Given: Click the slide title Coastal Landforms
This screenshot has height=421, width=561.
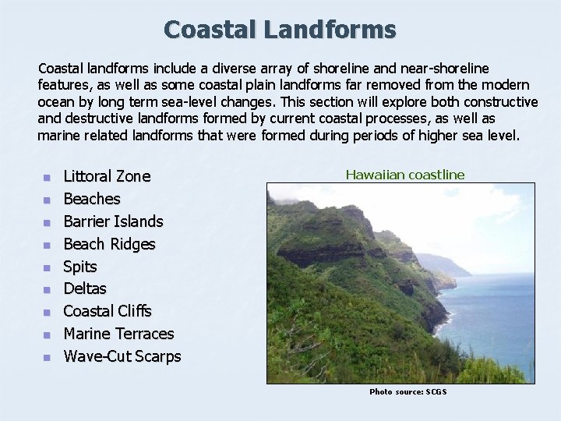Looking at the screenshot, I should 280,30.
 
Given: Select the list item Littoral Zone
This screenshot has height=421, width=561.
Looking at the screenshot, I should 107,176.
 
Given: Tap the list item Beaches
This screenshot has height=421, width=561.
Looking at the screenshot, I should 92,199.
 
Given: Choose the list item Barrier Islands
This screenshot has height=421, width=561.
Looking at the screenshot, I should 113,221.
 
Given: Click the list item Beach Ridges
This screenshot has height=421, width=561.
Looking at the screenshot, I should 109,244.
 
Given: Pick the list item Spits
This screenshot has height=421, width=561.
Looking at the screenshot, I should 80,267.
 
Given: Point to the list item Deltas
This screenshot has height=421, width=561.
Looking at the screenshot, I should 85,288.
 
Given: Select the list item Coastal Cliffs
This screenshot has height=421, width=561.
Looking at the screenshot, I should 108,311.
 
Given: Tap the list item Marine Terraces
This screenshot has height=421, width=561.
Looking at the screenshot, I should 118,334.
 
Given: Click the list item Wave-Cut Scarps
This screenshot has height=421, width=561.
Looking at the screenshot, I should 122,356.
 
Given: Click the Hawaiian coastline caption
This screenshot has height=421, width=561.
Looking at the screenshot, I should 405,175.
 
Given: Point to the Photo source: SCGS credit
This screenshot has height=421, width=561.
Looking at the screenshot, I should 408,391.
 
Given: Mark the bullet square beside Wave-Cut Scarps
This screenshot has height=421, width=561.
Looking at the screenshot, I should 47,358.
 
